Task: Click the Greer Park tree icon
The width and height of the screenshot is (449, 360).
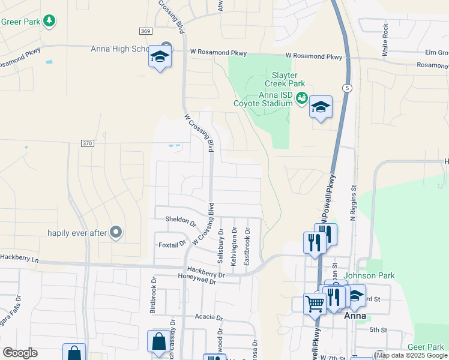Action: coord(49,21)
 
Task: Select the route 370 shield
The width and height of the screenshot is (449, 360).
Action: coord(87,143)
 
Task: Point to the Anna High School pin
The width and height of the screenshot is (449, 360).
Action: coord(160,57)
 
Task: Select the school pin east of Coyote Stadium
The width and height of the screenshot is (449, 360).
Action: coord(321,107)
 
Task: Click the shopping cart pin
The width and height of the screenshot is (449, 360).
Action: coord(315,304)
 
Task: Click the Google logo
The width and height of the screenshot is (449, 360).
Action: coord(20,353)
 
